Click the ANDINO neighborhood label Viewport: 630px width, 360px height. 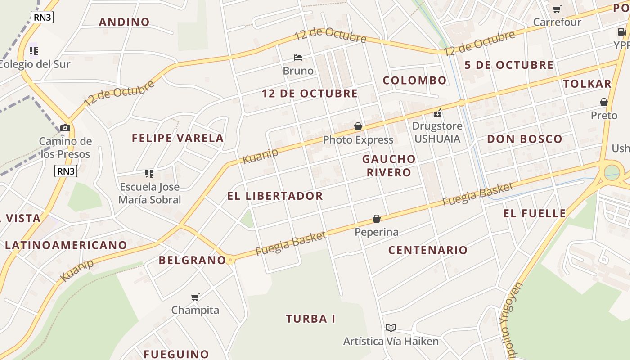[x=124, y=22]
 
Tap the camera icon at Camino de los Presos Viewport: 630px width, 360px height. [x=65, y=128]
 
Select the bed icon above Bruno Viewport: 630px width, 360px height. [x=297, y=58]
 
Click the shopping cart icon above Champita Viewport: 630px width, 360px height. [x=195, y=297]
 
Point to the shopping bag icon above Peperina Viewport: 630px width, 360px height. [x=377, y=219]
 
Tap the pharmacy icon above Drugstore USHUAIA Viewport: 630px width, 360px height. [x=437, y=113]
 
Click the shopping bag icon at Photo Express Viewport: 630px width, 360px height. [x=358, y=127]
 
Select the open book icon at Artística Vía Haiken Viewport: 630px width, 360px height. [x=391, y=328]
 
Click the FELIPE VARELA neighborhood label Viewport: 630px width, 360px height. [x=178, y=138]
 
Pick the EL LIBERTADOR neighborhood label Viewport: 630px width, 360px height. [x=275, y=196]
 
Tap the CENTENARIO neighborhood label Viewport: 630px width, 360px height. [x=428, y=250]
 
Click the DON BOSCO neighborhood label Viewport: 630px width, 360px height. [x=525, y=139]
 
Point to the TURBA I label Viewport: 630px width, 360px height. [x=310, y=319]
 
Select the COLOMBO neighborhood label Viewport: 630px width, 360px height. [x=414, y=81]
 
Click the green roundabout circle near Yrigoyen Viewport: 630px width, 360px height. [x=611, y=172]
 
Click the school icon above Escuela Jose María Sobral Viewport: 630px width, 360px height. [x=149, y=174]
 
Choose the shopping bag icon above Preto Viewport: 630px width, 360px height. [x=603, y=103]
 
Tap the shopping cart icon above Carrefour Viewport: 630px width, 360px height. [x=557, y=9]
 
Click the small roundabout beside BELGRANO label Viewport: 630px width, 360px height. [x=230, y=260]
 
